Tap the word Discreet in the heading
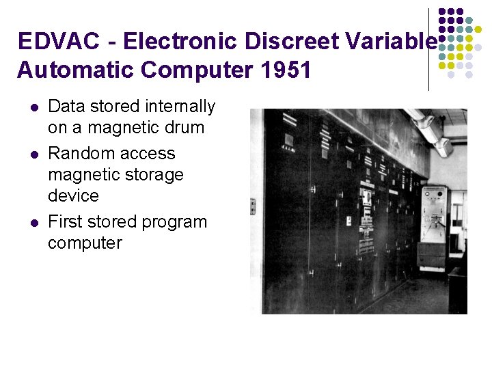[x=299, y=42]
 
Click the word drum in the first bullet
[x=184, y=127]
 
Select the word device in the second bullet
[x=73, y=195]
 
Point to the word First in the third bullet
[x=65, y=222]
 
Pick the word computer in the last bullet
[x=85, y=243]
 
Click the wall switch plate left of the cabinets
[x=254, y=206]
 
